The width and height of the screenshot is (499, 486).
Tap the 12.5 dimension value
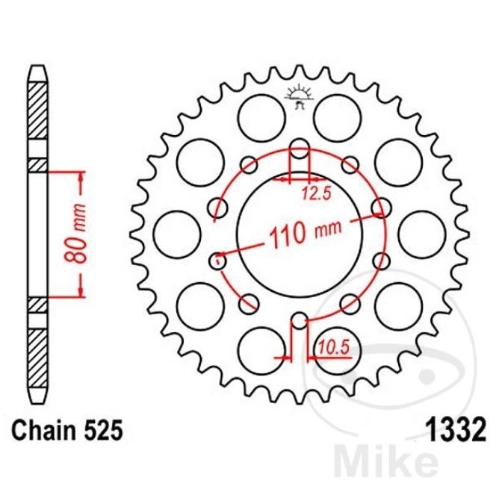317,193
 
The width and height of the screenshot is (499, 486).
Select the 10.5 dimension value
333,347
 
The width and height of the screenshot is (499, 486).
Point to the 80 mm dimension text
75,234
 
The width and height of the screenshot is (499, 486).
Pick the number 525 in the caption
103,430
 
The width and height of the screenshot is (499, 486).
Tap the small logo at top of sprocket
299,96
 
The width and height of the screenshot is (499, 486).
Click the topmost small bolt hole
300,149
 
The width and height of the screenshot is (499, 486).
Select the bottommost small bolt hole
299,320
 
